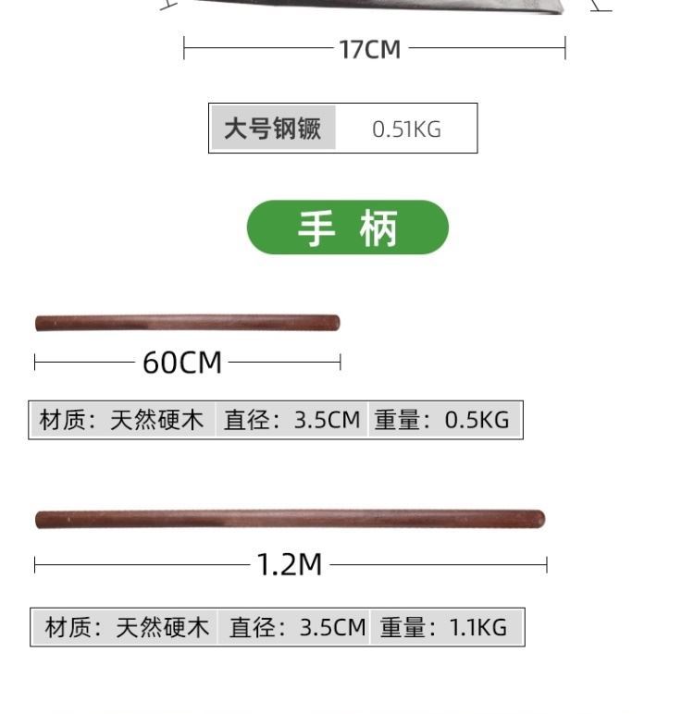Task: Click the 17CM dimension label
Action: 370,49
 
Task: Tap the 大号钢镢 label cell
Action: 273,129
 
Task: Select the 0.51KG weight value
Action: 406,129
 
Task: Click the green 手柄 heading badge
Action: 347,228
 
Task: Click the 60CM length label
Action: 182,363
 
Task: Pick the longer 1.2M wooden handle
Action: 290,519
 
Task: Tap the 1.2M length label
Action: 289,564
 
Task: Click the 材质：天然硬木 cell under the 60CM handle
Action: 121,420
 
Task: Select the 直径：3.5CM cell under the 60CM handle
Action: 291,420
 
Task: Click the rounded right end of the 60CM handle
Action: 335,323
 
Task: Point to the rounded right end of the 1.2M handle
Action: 539,519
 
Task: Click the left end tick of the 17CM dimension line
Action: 184,48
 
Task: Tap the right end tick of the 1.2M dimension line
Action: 547,564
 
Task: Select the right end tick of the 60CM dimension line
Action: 341,362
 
